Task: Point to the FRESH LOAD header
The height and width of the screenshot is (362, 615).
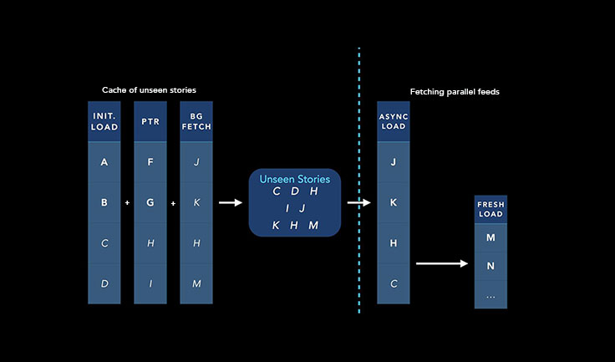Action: (490, 209)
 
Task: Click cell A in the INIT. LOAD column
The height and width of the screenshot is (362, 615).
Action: (104, 162)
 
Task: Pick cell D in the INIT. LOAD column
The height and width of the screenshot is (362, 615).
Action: (104, 283)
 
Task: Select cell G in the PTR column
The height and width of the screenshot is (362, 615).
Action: (150, 202)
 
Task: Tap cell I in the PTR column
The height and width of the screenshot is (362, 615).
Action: (150, 283)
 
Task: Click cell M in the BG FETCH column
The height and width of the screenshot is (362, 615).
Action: (196, 283)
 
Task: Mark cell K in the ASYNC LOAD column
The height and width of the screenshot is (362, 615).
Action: (393, 202)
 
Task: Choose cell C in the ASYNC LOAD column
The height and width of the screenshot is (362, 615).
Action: (393, 283)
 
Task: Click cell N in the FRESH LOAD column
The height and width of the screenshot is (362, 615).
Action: (490, 267)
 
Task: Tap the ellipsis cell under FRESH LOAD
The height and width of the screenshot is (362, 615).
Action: (490, 295)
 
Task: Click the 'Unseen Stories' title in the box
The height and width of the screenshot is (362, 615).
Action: (295, 179)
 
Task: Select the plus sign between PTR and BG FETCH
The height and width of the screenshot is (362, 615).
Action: (174, 203)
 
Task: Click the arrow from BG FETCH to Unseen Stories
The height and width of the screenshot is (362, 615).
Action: (230, 202)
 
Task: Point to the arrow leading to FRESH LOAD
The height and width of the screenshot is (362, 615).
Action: (442, 263)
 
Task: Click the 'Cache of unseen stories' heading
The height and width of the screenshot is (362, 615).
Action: (150, 89)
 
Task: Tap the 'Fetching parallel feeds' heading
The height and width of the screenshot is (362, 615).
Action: (455, 92)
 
